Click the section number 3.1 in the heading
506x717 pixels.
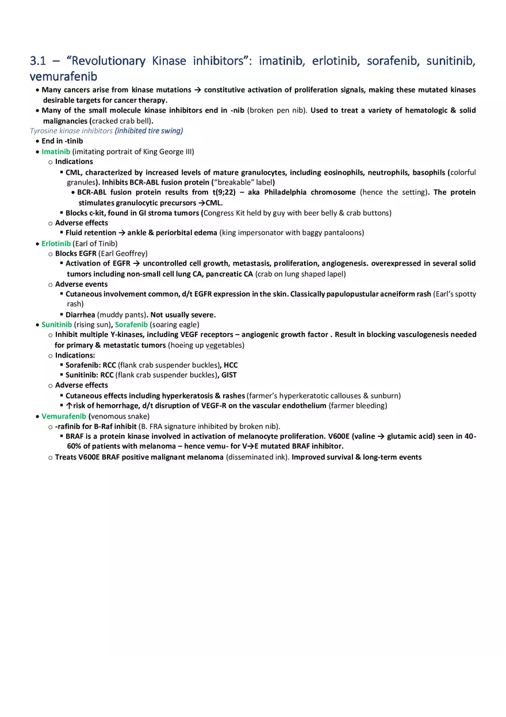click(x=37, y=62)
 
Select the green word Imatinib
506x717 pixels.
click(x=56, y=152)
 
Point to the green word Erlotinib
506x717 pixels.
click(x=56, y=244)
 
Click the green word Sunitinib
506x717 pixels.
click(x=56, y=325)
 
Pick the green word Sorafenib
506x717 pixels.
click(x=131, y=325)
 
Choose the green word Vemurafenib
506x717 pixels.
click(x=64, y=416)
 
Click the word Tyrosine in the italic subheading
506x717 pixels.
click(x=43, y=131)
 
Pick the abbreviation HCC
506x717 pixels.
click(x=231, y=365)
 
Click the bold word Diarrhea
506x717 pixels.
click(x=80, y=315)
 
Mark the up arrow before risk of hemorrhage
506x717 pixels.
click(x=69, y=405)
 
